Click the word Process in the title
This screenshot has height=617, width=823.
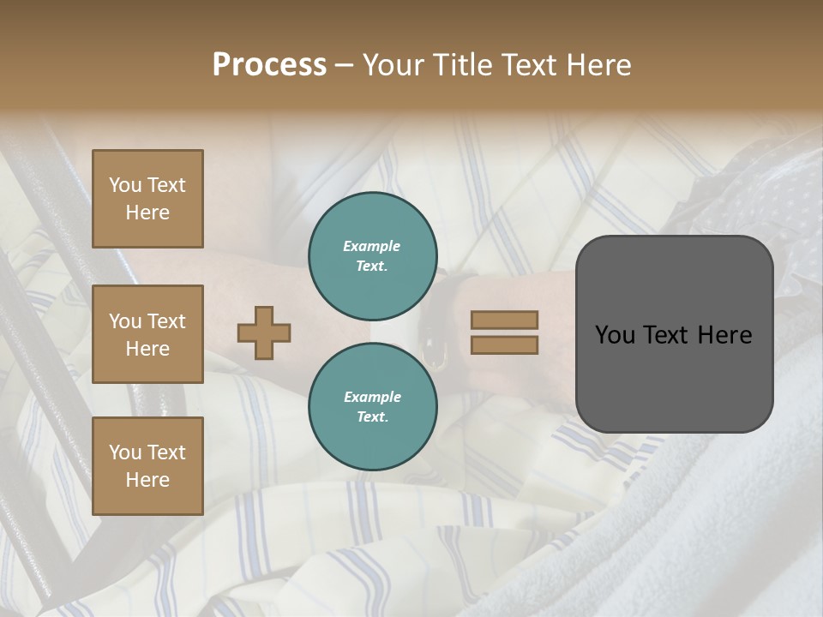(269, 65)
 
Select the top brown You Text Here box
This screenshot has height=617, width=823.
(147, 199)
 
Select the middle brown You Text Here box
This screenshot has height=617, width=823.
(147, 334)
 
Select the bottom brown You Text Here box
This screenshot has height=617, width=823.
(147, 465)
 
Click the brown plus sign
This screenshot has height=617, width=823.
(264, 332)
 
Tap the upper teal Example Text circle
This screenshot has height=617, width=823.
(373, 256)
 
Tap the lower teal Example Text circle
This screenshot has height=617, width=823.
(373, 407)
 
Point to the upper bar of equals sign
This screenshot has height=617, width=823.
(504, 320)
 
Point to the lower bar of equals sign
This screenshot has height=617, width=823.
(504, 344)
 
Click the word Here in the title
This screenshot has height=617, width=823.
(599, 65)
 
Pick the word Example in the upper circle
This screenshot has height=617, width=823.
(372, 246)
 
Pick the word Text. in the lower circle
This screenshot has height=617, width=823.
(372, 417)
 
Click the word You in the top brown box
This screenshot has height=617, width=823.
(125, 185)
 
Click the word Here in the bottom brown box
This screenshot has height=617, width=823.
(147, 480)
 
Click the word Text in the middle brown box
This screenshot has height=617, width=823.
(166, 321)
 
